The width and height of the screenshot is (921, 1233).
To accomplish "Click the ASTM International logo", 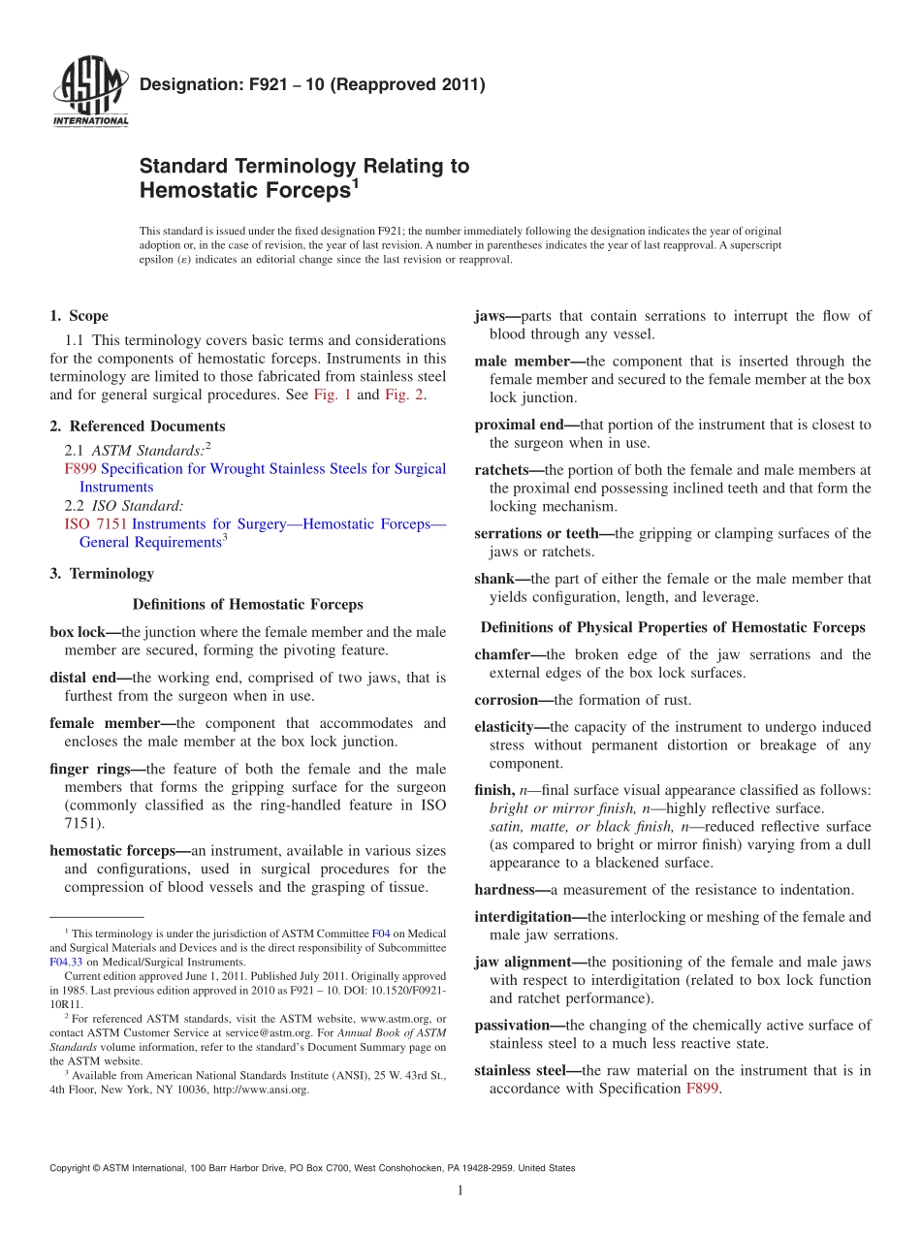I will point(89,94).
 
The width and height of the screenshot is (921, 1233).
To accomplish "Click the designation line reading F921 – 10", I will point(312,85).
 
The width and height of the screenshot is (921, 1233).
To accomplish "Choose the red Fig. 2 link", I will point(404,395).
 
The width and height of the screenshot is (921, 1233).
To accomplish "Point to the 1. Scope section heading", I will point(79,316).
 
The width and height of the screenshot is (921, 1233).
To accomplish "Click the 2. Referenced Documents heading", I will point(138,427).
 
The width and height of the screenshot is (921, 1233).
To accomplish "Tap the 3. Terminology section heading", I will point(102,574).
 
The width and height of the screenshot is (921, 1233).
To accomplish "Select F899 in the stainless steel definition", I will point(703,1089).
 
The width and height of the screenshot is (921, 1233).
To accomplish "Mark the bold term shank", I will point(494,580).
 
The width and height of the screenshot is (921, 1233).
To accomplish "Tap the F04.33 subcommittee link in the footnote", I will point(65,963).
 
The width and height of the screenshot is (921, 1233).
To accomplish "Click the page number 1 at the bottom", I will point(460,1191).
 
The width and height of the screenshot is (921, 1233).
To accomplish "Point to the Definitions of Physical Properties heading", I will point(673,627).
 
